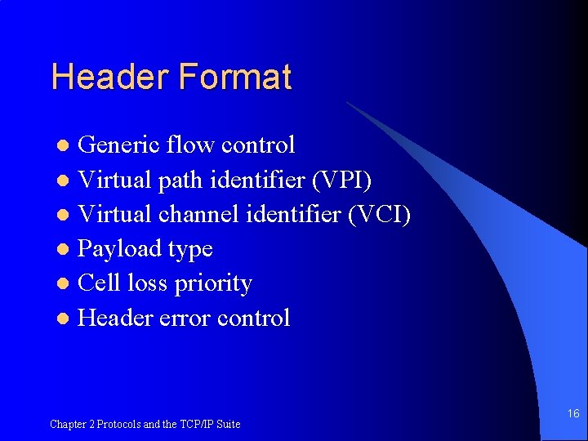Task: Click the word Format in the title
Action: [234, 78]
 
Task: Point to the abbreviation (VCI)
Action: [380, 214]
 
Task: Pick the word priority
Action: [215, 284]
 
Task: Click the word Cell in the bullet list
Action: [99, 283]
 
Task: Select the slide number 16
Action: [573, 414]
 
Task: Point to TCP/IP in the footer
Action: [196, 425]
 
